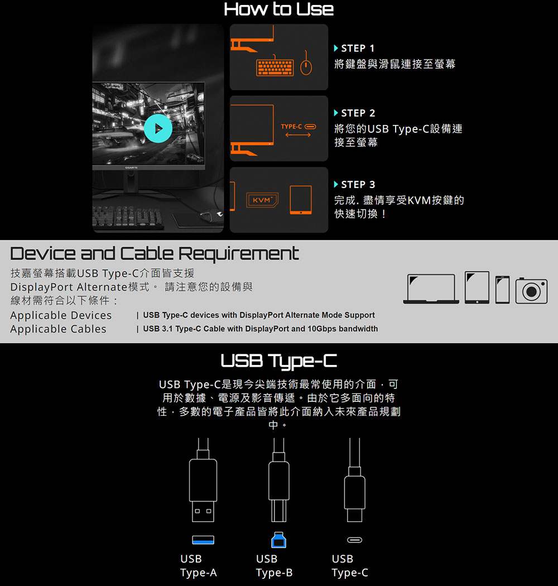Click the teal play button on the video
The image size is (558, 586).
158,128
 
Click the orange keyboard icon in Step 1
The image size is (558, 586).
275,68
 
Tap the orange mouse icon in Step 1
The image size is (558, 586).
306,66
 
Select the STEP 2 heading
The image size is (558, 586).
354,113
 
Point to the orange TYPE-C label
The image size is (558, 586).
291,127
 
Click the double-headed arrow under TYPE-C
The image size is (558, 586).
298,135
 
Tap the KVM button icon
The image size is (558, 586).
262,200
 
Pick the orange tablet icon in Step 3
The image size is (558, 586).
301,200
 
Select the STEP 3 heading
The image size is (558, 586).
354,185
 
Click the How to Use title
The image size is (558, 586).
279,9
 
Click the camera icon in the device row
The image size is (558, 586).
531,291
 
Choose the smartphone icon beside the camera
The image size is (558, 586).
502,290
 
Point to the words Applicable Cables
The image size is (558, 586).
58,329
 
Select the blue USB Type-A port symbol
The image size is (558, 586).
203,540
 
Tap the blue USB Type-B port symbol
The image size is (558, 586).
278,540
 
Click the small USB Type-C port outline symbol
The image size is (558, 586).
354,540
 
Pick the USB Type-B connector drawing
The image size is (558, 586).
279,480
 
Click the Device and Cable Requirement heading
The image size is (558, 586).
155,253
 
